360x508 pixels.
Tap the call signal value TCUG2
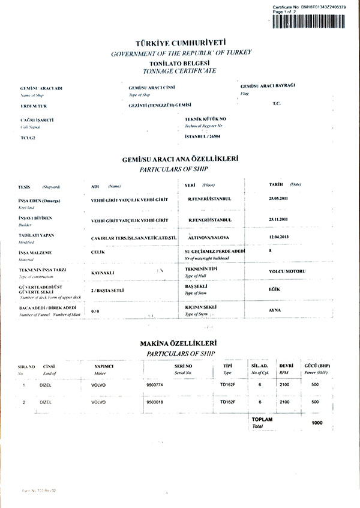pyautogui.click(x=28, y=139)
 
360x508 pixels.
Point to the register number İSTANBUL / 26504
pyautogui.click(x=207, y=137)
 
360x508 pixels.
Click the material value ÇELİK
pyautogui.click(x=98, y=253)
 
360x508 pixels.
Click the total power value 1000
pyautogui.click(x=317, y=423)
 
